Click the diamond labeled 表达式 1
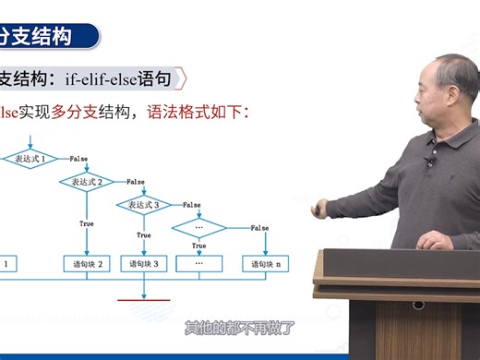[32, 160]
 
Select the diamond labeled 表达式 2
[88, 182]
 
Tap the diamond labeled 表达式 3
[143, 204]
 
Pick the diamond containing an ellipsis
[198, 226]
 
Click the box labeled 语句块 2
[88, 264]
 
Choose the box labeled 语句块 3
[143, 264]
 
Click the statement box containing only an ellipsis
[198, 264]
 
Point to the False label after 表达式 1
[78, 159]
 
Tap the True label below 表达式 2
[88, 223]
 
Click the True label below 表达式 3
[143, 235]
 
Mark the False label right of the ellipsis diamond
[259, 227]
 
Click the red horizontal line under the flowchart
[144, 300]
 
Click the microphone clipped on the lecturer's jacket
[427, 162]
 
